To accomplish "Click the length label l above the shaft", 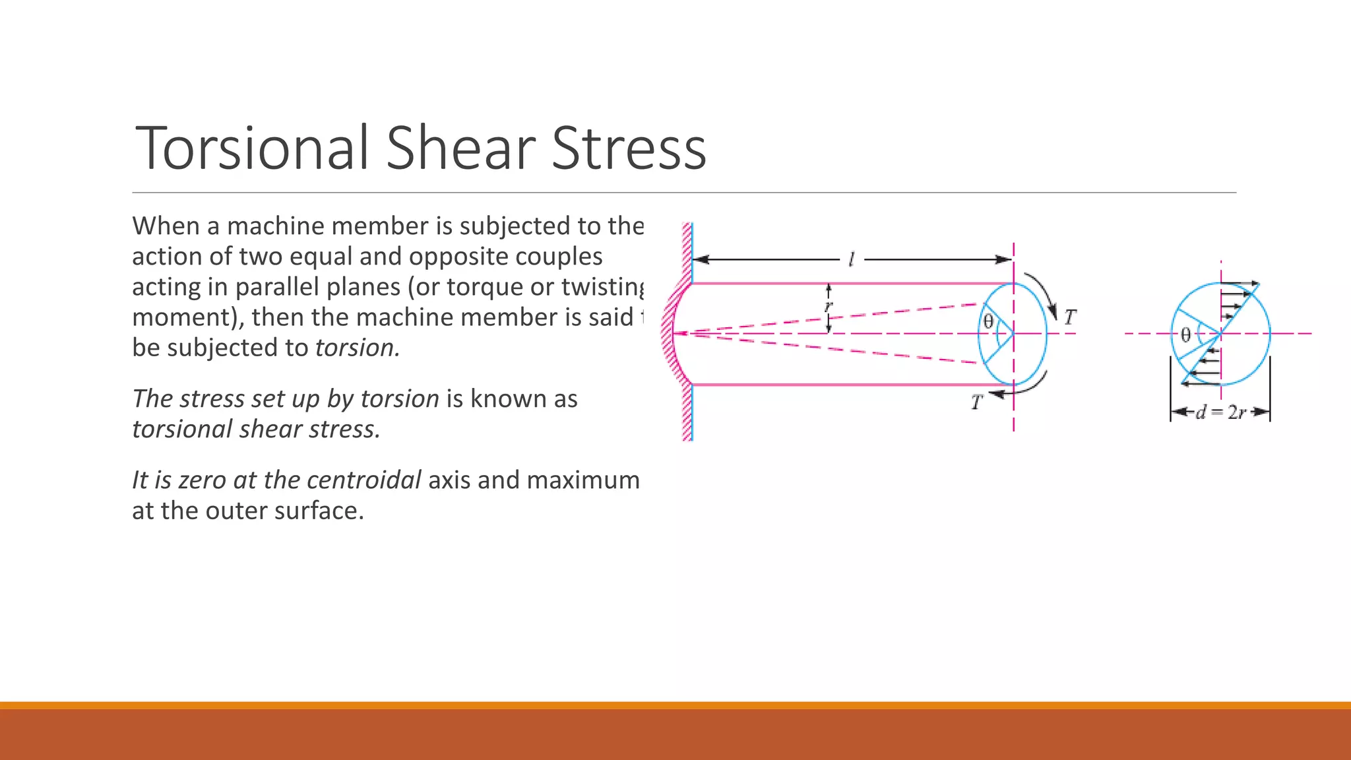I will pos(851,259).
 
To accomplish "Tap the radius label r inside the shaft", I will pos(829,306).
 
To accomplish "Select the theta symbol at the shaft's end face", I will pos(988,321).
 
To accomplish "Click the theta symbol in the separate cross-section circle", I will pos(1185,335).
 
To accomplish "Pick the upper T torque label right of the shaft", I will pos(1069,317).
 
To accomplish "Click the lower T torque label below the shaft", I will pos(976,402).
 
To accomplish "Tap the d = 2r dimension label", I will pos(1220,413).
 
